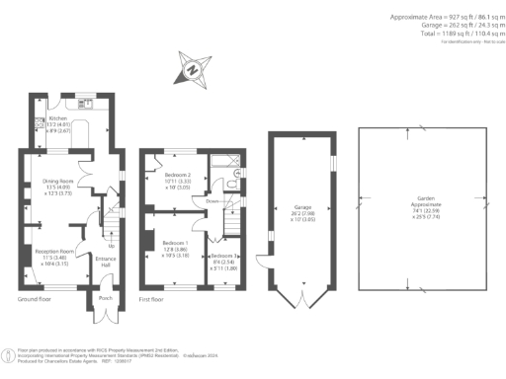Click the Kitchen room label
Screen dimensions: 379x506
(x=58, y=118)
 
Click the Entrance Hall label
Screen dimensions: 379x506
(x=107, y=262)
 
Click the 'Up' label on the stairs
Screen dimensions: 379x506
(x=126, y=245)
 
